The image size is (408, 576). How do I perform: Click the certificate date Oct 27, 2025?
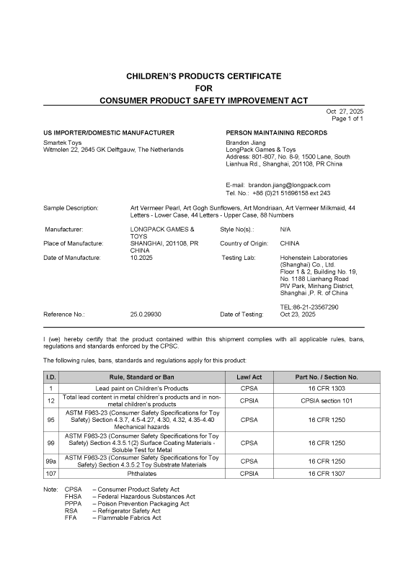pos(345,112)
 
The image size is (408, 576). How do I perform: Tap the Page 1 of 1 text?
pos(347,119)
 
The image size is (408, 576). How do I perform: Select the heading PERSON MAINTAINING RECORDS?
pos(276,133)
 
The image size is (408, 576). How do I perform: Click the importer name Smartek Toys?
pos(63,143)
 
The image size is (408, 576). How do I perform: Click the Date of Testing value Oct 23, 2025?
pos(298,315)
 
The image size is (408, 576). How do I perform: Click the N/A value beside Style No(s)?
pos(285,229)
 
